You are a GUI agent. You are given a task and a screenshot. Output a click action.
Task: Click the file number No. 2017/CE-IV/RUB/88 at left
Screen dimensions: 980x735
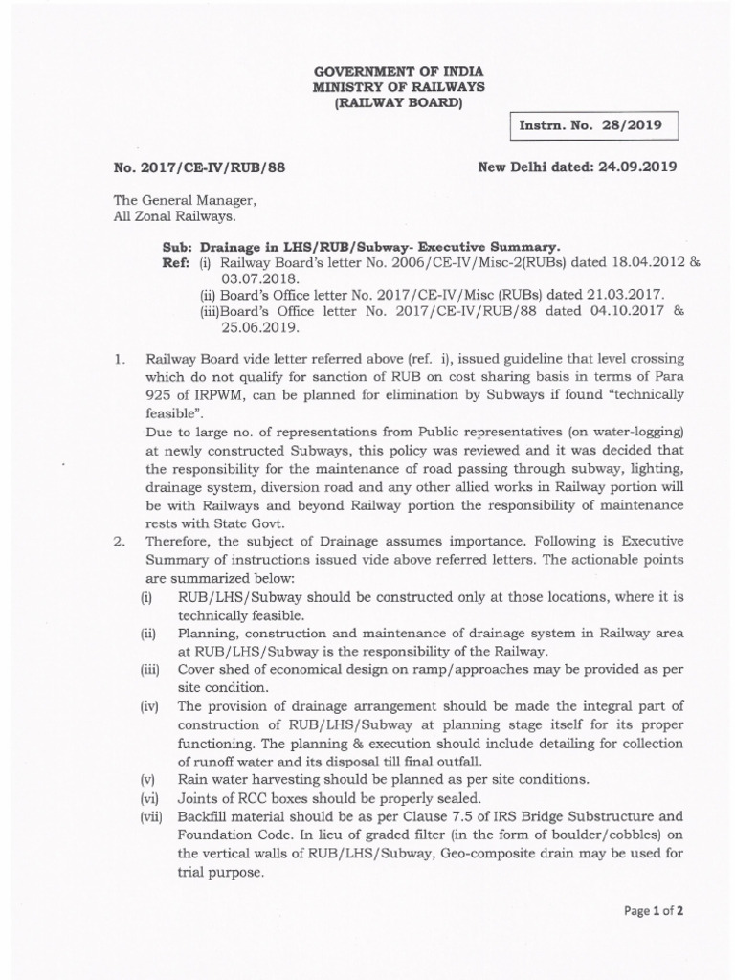pyautogui.click(x=199, y=167)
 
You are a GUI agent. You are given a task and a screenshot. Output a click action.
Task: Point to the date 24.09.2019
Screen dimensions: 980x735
pyautogui.click(x=637, y=166)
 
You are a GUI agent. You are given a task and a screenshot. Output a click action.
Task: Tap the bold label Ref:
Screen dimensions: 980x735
pyautogui.click(x=176, y=261)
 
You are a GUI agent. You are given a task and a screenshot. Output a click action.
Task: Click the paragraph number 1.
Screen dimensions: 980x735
pyautogui.click(x=120, y=358)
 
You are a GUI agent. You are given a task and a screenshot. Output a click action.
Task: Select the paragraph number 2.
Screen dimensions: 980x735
pyautogui.click(x=120, y=541)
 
